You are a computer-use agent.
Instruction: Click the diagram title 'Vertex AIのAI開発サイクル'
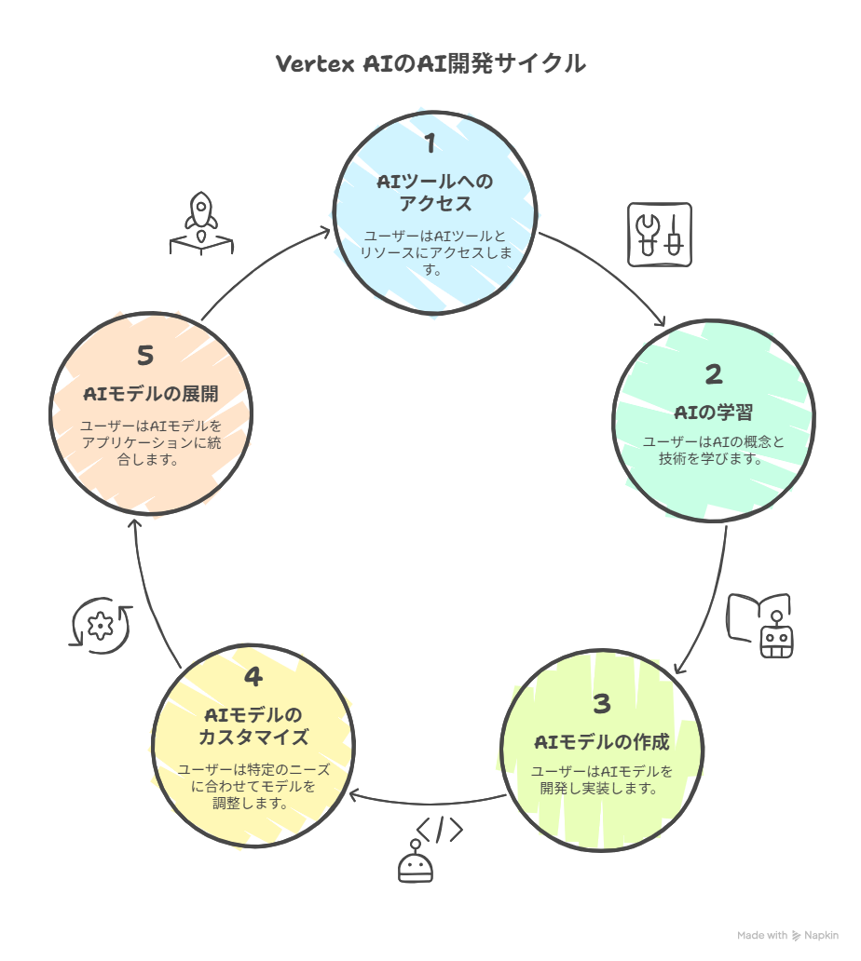pos(430,63)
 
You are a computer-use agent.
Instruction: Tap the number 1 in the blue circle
pos(430,142)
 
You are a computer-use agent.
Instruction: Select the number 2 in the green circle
pos(713,374)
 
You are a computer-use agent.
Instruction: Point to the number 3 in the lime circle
pos(602,704)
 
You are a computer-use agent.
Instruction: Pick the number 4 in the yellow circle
pos(253,677)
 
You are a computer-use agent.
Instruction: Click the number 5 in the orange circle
pos(145,356)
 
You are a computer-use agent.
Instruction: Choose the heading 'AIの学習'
pos(713,413)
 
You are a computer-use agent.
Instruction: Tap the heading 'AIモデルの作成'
pos(602,742)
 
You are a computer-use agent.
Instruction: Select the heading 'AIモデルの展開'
pos(151,394)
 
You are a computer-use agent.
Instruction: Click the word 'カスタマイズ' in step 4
pos(253,737)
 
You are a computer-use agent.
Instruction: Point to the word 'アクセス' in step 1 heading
pos(435,204)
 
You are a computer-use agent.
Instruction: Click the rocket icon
pos(201,223)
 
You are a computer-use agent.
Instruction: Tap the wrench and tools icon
pos(659,235)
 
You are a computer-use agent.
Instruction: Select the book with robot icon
pos(760,626)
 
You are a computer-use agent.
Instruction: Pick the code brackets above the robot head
pos(440,830)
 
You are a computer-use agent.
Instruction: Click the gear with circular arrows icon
pos(101,626)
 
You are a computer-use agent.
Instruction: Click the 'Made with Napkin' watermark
pos(787,935)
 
